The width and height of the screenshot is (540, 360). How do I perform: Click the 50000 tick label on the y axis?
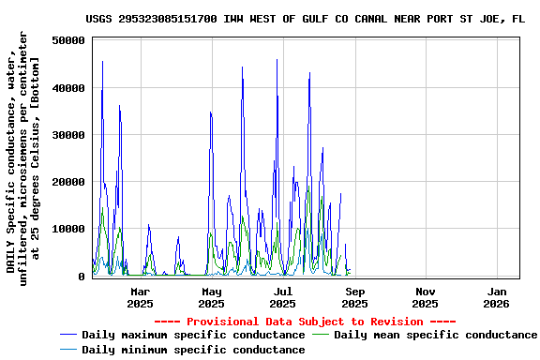point(69,41)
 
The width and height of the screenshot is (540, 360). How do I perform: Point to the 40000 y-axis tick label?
point(69,88)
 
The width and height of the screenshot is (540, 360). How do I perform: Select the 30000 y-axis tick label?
point(69,135)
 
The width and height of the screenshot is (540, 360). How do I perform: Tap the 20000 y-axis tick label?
point(69,182)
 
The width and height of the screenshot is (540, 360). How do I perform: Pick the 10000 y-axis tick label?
point(69,229)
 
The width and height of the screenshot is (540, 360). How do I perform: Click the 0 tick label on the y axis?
point(82,276)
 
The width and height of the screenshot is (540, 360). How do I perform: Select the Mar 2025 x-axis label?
point(140,298)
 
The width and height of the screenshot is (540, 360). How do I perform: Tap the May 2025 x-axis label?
point(211,298)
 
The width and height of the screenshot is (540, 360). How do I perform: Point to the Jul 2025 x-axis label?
point(282,298)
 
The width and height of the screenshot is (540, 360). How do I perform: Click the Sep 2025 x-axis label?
point(354,298)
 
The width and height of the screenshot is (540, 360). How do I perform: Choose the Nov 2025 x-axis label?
point(426,298)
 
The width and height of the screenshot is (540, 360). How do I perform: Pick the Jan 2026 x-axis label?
point(497,298)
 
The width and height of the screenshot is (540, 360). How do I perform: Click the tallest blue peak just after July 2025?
point(277,60)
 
